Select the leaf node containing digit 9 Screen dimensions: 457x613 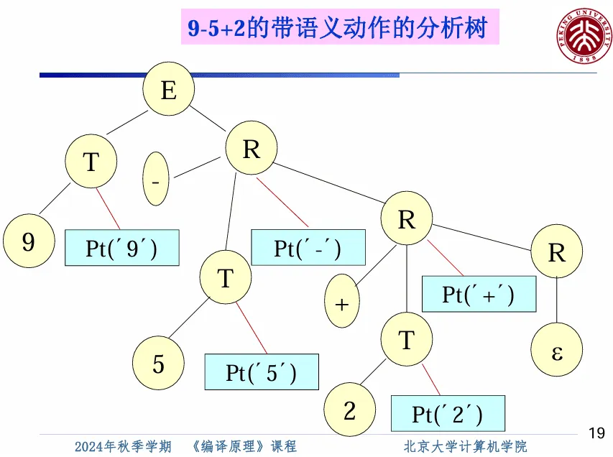click(28, 241)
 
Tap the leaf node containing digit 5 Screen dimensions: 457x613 click(158, 364)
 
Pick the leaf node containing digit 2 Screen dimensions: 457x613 click(349, 410)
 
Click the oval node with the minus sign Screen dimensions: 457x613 click(157, 180)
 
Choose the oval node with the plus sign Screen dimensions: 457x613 click(342, 303)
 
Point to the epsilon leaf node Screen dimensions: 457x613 click(556, 354)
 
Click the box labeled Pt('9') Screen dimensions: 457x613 click(121, 248)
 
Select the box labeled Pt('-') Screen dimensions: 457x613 click(308, 247)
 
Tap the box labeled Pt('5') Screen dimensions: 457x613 click(261, 372)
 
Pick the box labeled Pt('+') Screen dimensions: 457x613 click(479, 294)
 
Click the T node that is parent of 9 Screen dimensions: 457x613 click(91, 162)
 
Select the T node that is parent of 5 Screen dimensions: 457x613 click(226, 278)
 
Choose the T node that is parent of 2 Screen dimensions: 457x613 click(407, 339)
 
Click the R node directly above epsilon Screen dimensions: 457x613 click(557, 252)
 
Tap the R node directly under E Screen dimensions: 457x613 click(252, 149)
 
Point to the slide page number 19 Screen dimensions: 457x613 click(596, 433)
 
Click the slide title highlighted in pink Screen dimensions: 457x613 click(338, 29)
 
